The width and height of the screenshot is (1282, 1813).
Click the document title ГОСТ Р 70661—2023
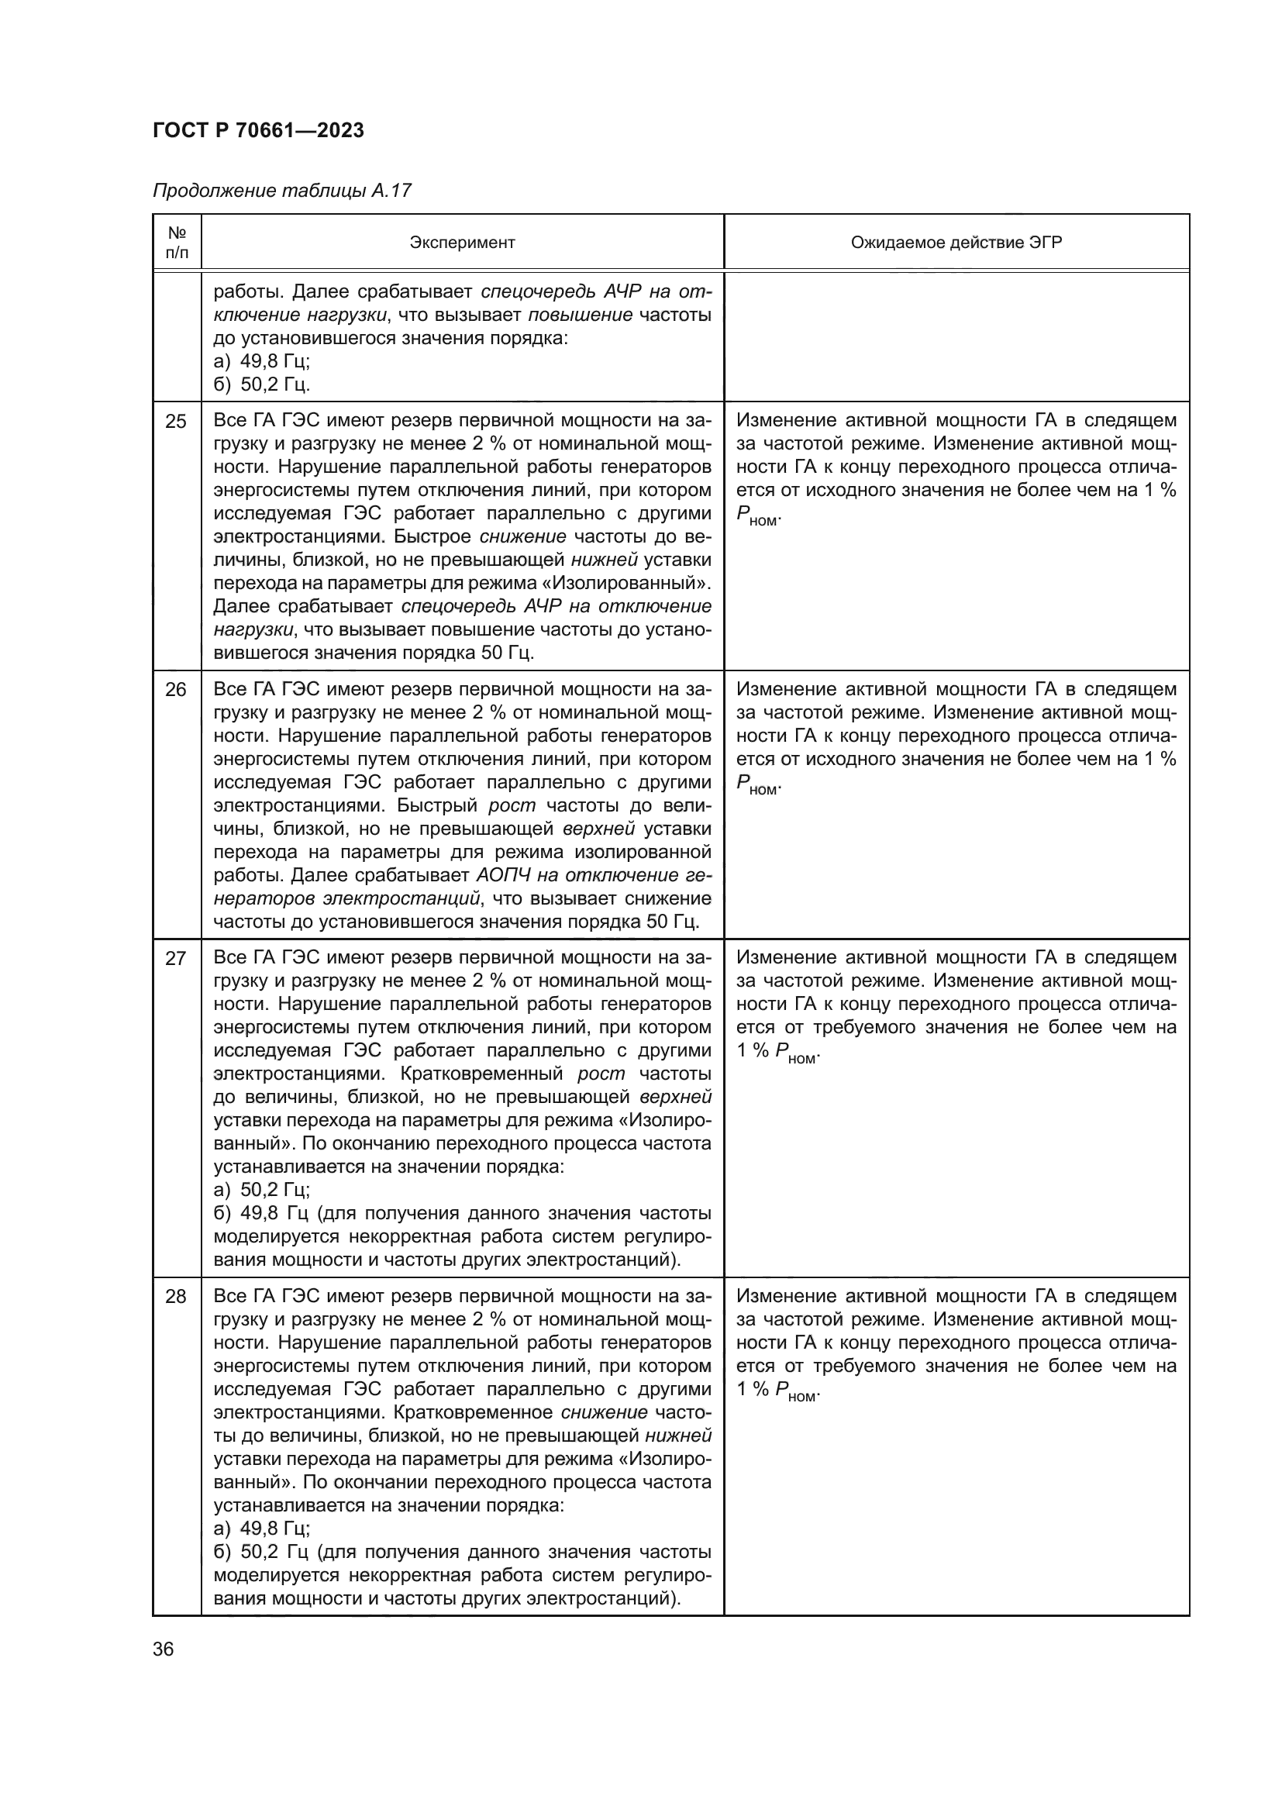coord(258,130)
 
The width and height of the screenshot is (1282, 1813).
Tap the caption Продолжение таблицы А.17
coord(282,191)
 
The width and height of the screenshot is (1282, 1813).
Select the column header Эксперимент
coord(462,243)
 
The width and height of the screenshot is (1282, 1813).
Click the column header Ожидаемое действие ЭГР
coord(956,243)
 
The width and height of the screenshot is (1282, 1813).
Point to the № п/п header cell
coord(177,243)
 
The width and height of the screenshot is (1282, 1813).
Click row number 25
coord(175,422)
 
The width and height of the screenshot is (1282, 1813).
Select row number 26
coord(175,690)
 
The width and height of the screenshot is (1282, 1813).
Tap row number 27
coord(175,959)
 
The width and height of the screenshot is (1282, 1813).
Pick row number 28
coord(175,1297)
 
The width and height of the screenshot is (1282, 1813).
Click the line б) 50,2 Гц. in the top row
coord(261,384)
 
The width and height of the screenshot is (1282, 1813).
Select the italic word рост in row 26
coord(512,806)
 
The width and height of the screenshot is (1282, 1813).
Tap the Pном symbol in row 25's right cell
coord(757,516)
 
